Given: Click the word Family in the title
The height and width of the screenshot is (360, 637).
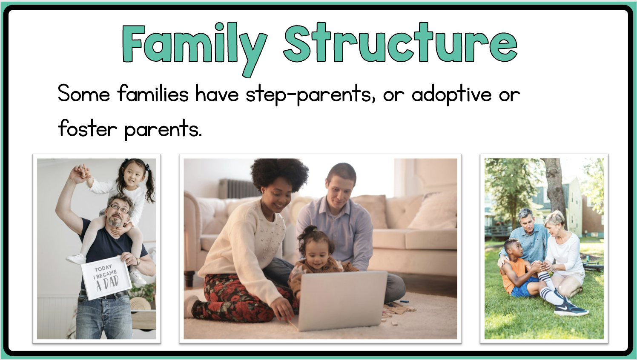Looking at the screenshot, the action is [x=195, y=49].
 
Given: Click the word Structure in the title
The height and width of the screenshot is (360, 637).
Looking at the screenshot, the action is [x=400, y=43].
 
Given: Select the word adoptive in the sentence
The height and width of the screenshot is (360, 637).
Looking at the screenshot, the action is [x=452, y=94].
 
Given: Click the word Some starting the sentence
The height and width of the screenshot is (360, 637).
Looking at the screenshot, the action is [x=83, y=93].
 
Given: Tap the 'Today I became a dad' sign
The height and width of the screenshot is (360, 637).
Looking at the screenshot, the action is [x=106, y=277].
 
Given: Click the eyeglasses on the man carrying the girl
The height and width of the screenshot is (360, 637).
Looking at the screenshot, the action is [x=118, y=209].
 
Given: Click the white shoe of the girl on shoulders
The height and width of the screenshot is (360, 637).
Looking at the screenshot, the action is [x=76, y=258].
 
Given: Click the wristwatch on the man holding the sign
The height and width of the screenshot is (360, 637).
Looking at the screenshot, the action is [x=138, y=262].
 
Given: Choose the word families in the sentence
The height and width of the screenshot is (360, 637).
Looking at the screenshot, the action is [x=153, y=93].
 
